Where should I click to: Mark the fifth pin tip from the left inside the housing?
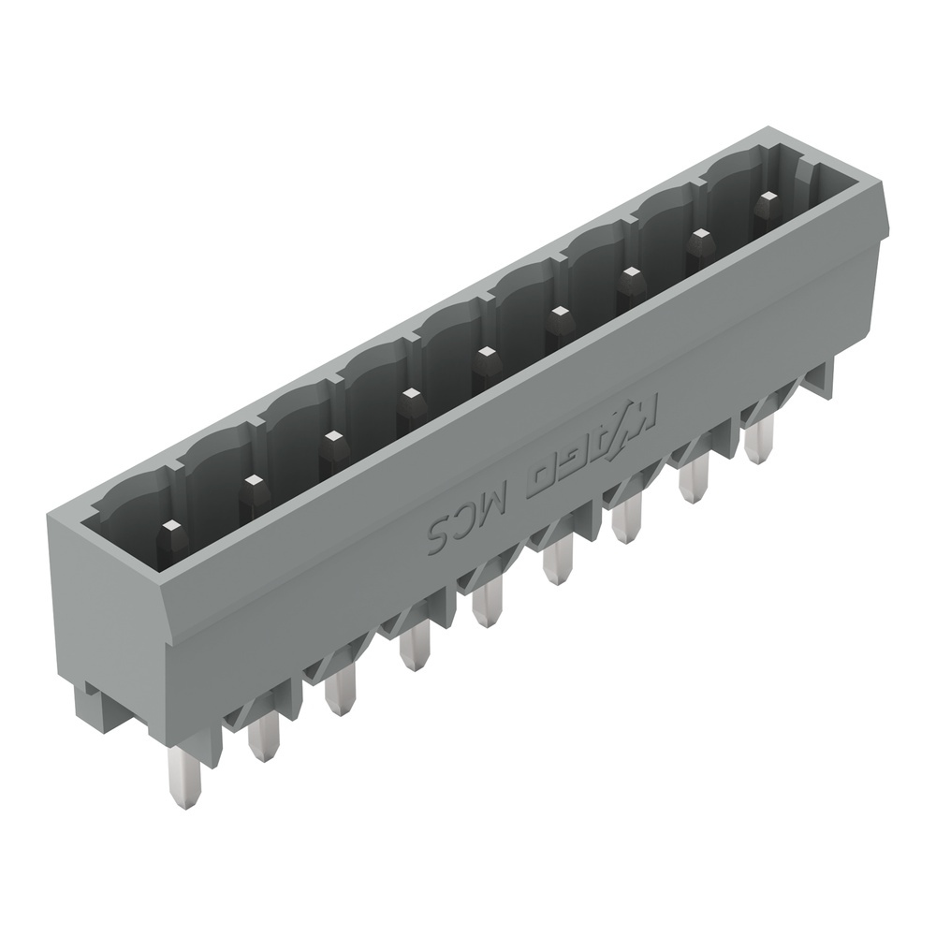pyautogui.click(x=485, y=357)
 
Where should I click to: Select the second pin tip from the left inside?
pyautogui.click(x=251, y=483)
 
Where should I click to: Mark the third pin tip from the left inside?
pyautogui.click(x=330, y=440)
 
